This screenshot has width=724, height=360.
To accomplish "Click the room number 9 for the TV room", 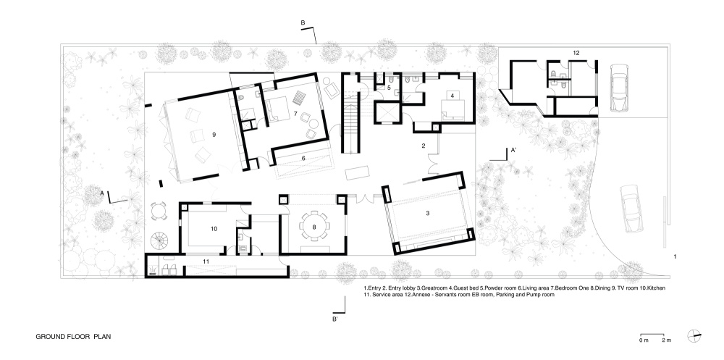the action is pyautogui.click(x=214, y=135).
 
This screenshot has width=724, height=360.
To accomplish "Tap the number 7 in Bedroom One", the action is pyautogui.click(x=295, y=113).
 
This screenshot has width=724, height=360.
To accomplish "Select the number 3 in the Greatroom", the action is pyautogui.click(x=428, y=213).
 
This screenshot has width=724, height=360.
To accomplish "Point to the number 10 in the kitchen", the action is pyautogui.click(x=214, y=228).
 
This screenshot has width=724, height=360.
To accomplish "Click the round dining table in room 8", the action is pyautogui.click(x=314, y=226).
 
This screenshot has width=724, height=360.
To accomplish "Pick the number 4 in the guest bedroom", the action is pyautogui.click(x=452, y=96).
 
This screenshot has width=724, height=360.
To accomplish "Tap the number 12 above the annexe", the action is pyautogui.click(x=576, y=53).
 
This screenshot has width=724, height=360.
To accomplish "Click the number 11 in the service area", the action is pyautogui.click(x=206, y=261).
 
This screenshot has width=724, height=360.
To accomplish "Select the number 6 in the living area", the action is pyautogui.click(x=303, y=158).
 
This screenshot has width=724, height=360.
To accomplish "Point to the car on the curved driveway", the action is pyautogui.click(x=629, y=209).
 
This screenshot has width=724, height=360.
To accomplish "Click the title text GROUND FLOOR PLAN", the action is pyautogui.click(x=73, y=336).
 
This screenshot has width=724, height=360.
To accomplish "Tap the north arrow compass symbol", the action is pyautogui.click(x=694, y=336).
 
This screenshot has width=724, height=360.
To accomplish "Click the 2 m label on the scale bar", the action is pyautogui.click(x=666, y=340).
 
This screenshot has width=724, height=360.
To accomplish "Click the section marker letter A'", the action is pyautogui.click(x=513, y=150).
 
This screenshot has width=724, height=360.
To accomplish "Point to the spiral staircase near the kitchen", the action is pyautogui.click(x=160, y=240).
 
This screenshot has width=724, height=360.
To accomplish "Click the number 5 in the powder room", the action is pyautogui.click(x=389, y=87).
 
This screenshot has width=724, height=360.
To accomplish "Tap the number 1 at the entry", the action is pyautogui.click(x=675, y=256).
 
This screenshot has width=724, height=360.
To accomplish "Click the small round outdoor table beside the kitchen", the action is pyautogui.click(x=159, y=212).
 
